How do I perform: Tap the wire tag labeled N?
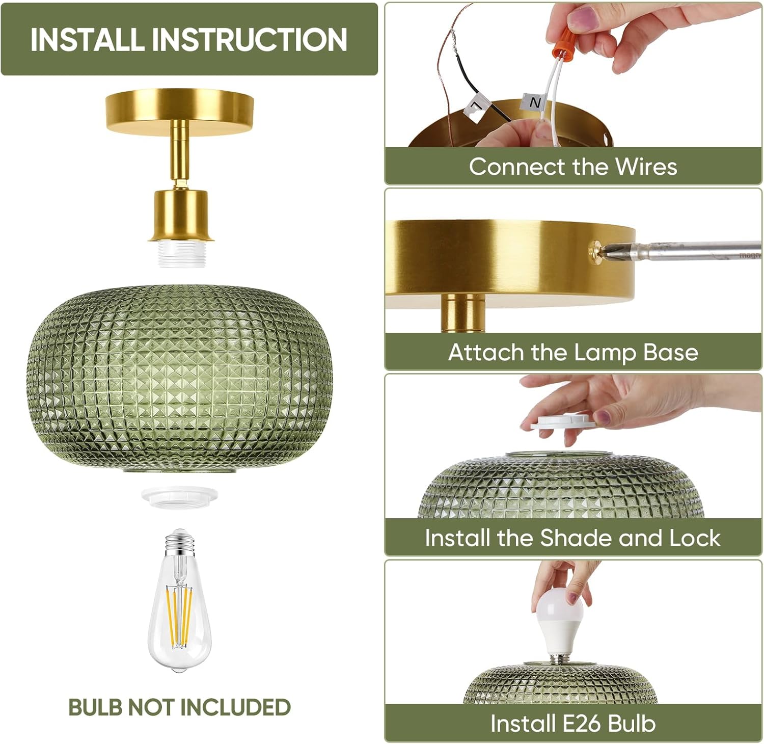pyautogui.click(x=534, y=103)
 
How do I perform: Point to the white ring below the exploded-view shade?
pyautogui.click(x=179, y=495)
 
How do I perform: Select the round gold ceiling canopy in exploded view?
pyautogui.click(x=179, y=111)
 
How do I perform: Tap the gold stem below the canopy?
pyautogui.click(x=179, y=151)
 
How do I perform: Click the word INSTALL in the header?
pyautogui.click(x=87, y=39)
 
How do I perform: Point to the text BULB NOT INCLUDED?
pyautogui.click(x=179, y=707)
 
